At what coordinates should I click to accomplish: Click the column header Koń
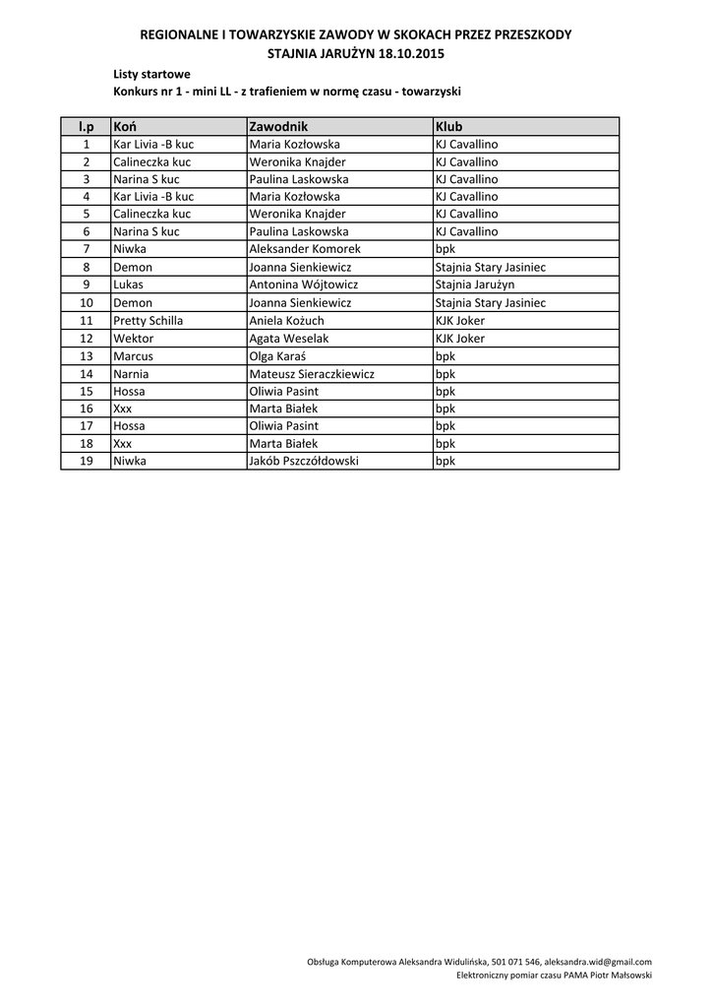point(124,126)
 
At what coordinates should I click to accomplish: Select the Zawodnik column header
point(279,126)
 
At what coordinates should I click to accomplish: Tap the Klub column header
point(448,126)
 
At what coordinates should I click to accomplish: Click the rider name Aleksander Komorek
point(306,250)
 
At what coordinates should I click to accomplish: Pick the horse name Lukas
point(129,285)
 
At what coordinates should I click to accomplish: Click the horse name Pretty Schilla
point(149,321)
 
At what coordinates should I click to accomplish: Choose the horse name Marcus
point(133,356)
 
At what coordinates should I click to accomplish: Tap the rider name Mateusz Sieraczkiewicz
point(312,374)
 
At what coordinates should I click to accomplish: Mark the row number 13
point(87,356)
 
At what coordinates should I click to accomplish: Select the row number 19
point(87,461)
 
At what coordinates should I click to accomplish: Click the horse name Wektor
point(134,339)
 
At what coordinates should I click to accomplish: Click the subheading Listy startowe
point(152,74)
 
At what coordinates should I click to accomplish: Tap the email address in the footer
point(598,962)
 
